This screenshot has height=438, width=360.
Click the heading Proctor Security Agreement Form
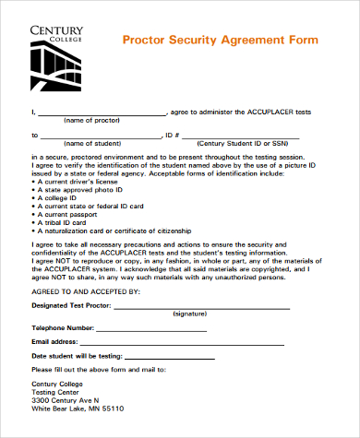pos(220,41)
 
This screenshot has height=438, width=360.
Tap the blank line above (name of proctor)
pos(102,112)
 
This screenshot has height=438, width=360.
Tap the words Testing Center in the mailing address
pos(57,392)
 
